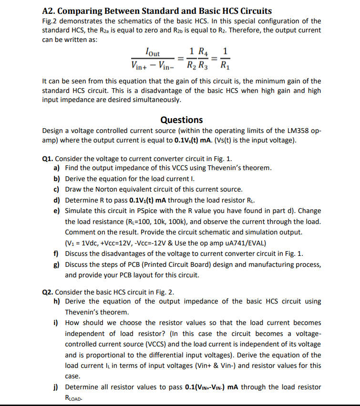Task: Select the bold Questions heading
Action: point(181,120)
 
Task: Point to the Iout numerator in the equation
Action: point(153,53)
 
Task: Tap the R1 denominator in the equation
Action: point(226,66)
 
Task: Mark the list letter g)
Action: point(56,264)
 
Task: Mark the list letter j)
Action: point(56,387)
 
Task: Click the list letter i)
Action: point(56,323)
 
